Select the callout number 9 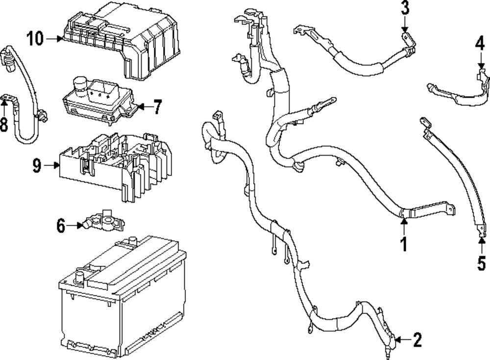(x=37, y=166)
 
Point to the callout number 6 (x=61, y=226)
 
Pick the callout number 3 (x=405, y=8)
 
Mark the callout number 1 (x=404, y=244)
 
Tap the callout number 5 (x=482, y=262)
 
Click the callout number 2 (x=417, y=339)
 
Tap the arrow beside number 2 (x=402, y=339)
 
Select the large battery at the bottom (x=122, y=294)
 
